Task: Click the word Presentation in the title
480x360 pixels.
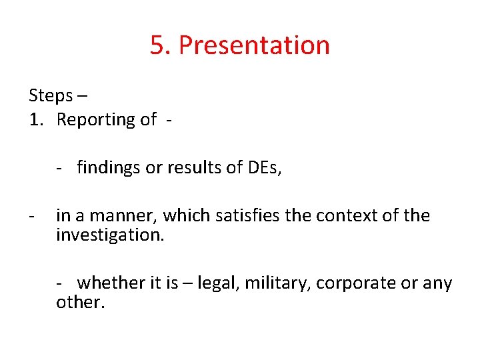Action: (254, 45)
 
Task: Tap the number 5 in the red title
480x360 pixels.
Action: (157, 45)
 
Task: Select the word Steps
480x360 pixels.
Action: (51, 96)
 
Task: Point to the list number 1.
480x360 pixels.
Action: (34, 120)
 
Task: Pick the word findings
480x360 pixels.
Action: (109, 168)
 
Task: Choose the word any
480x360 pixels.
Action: (438, 283)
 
